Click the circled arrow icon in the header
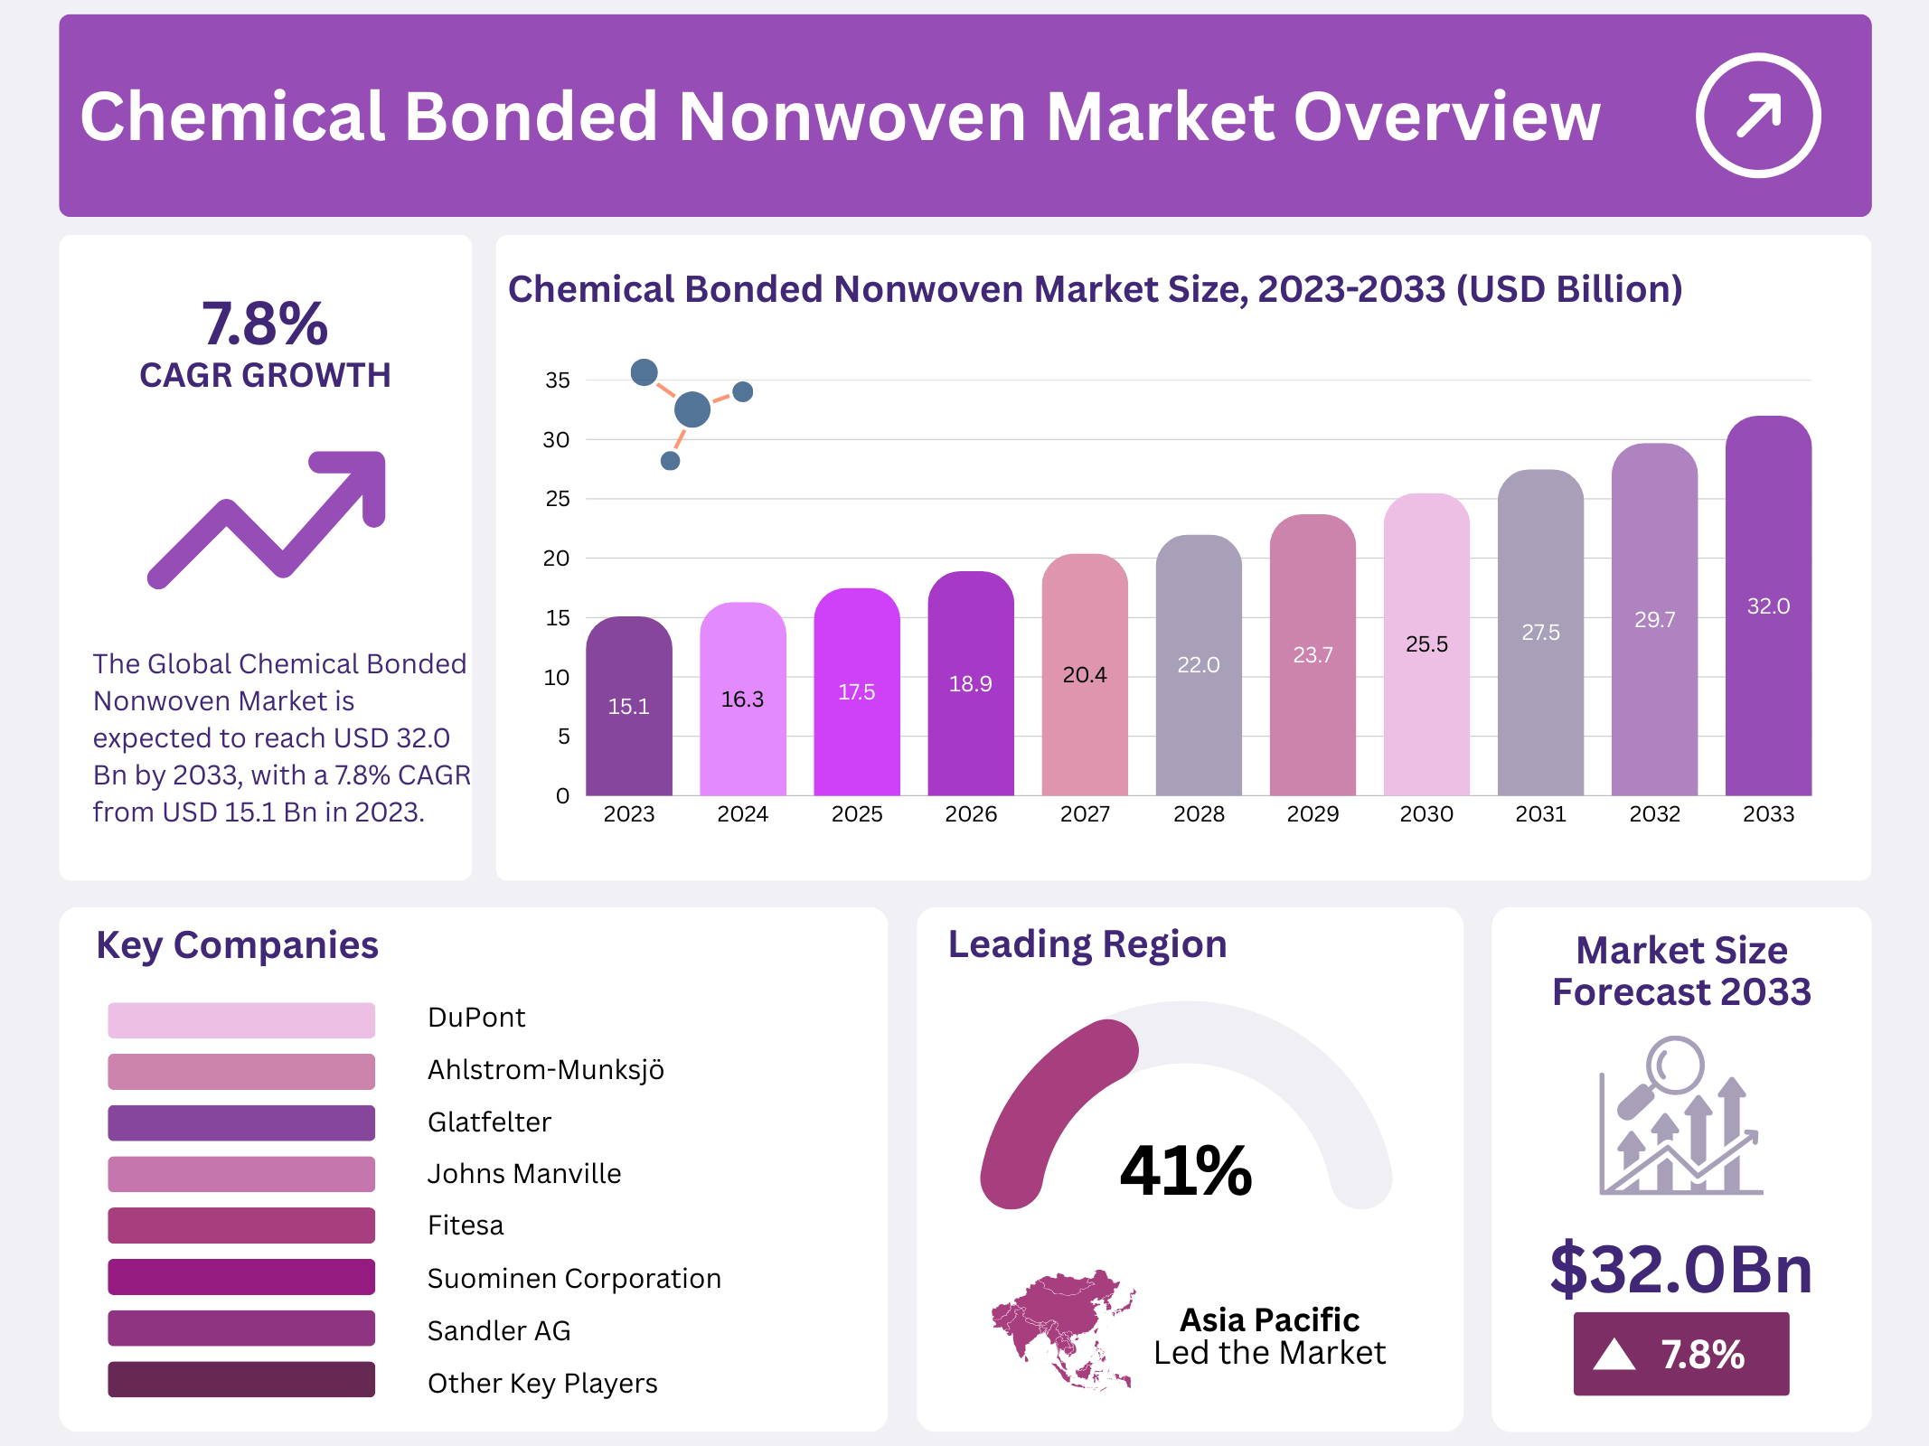(x=1757, y=116)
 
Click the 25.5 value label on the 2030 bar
(x=1426, y=644)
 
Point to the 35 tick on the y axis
(x=558, y=380)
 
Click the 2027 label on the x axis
(x=1085, y=814)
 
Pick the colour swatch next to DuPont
(x=241, y=1019)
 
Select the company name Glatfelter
(x=489, y=1122)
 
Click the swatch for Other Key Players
(x=241, y=1379)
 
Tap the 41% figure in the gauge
(x=1185, y=1170)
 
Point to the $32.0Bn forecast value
(x=1680, y=1269)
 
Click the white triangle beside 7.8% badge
(x=1614, y=1355)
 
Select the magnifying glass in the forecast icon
(x=1673, y=1066)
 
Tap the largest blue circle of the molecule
(x=692, y=409)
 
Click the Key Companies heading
(x=237, y=945)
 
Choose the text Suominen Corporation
(x=574, y=1278)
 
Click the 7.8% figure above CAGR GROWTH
(x=265, y=324)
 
